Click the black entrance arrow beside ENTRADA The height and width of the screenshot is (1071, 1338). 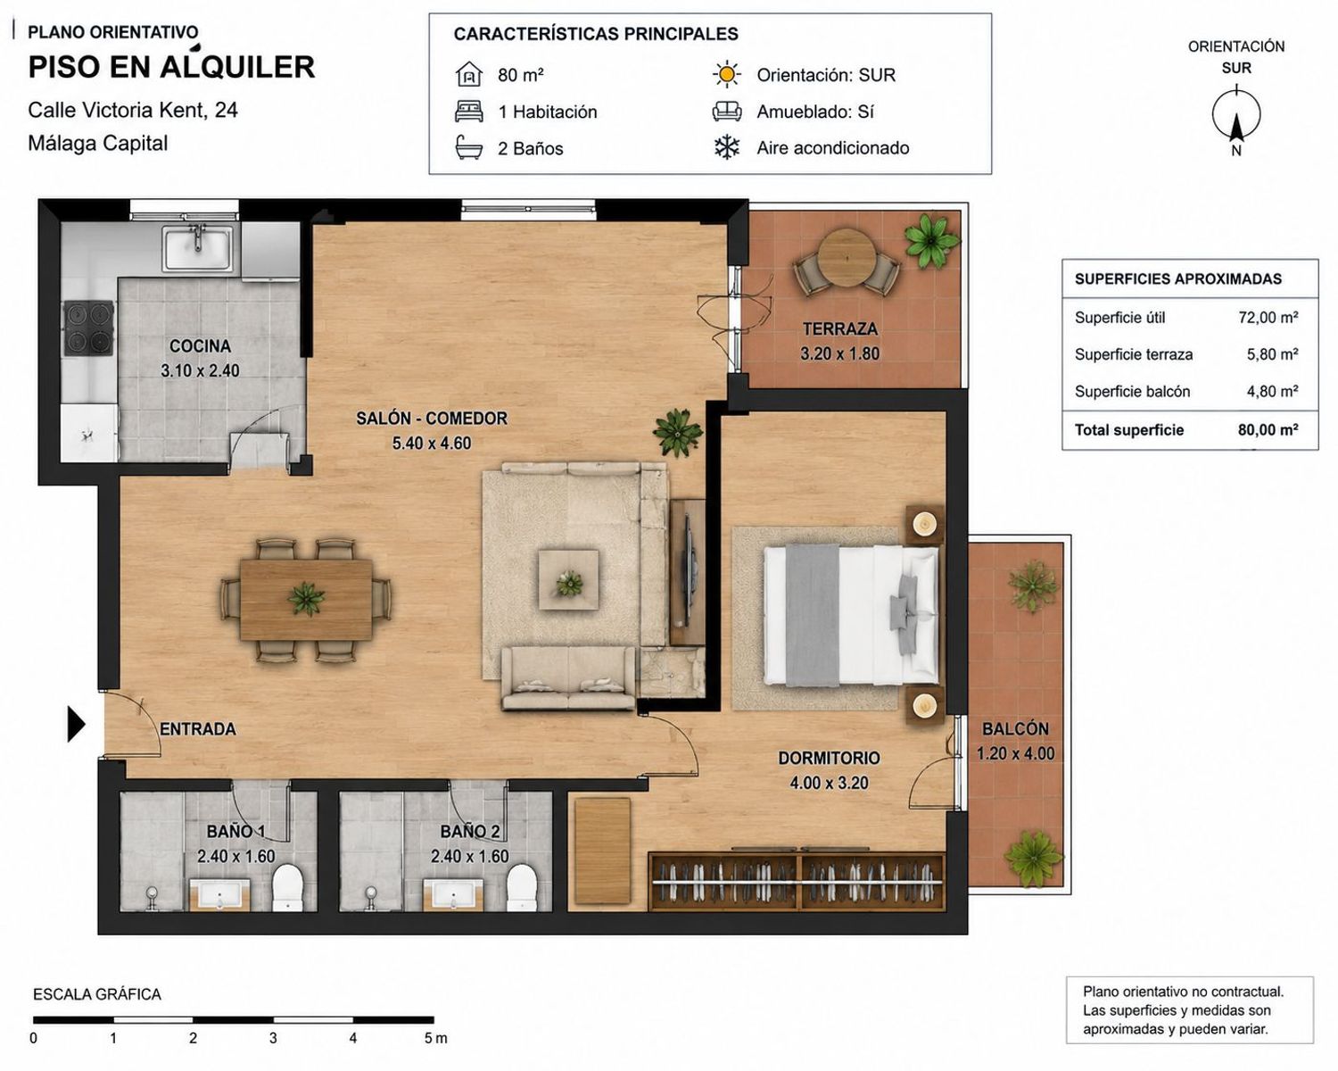(x=75, y=724)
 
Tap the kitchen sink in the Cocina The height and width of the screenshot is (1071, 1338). (x=198, y=248)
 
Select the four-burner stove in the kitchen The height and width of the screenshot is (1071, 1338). (x=89, y=328)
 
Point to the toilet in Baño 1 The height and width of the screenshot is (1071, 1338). (x=287, y=887)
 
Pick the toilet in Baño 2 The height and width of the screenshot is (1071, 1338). (x=522, y=887)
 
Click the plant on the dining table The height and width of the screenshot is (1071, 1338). (x=306, y=599)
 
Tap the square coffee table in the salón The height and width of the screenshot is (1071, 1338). (x=568, y=579)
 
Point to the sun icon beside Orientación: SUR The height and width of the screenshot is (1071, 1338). (x=726, y=75)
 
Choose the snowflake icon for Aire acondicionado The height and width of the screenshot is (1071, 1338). (x=726, y=147)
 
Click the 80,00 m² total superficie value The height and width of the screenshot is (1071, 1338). (x=1268, y=430)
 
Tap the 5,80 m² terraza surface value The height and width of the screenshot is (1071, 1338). (x=1272, y=354)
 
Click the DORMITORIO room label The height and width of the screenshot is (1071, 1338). (x=830, y=758)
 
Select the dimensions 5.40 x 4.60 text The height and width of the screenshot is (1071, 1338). (x=432, y=443)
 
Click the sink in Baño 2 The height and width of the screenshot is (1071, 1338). (x=453, y=894)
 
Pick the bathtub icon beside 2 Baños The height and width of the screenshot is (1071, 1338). (x=468, y=148)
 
